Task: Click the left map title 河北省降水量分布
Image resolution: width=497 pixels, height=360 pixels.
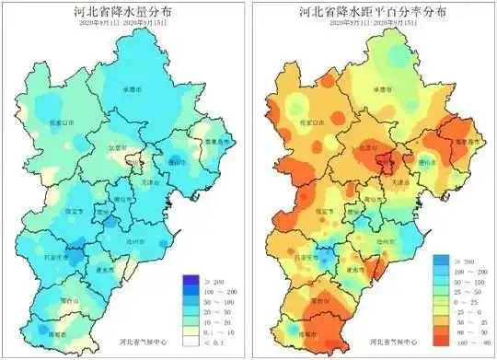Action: coord(123,13)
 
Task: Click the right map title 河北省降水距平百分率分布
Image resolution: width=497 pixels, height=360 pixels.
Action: coord(374,13)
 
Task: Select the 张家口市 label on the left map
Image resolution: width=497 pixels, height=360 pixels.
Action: coord(62,121)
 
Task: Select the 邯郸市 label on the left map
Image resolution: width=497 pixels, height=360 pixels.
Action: coord(63,335)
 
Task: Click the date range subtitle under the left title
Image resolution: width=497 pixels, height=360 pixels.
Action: coord(123,26)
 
